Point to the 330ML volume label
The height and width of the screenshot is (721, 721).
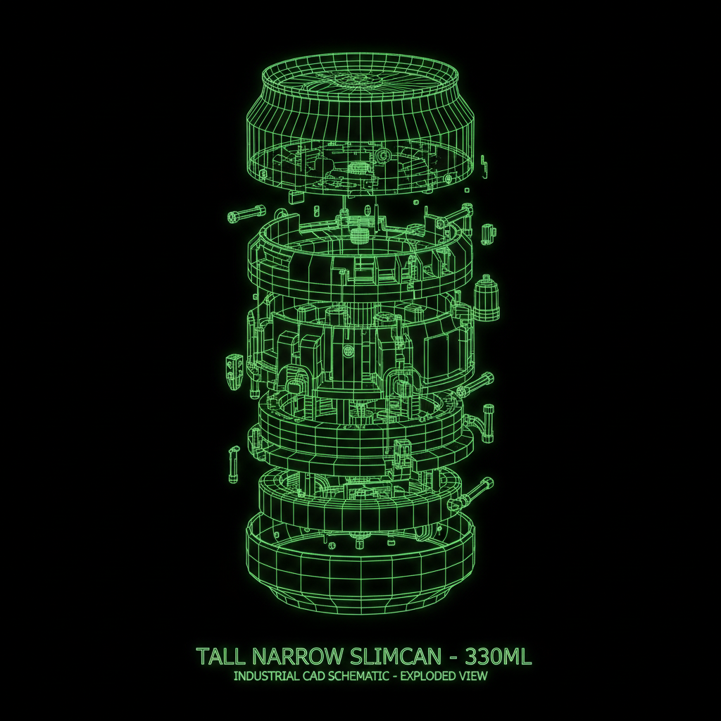[499, 656]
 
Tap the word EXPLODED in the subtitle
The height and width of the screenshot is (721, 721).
[427, 676]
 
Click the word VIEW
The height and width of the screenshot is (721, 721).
[472, 676]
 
